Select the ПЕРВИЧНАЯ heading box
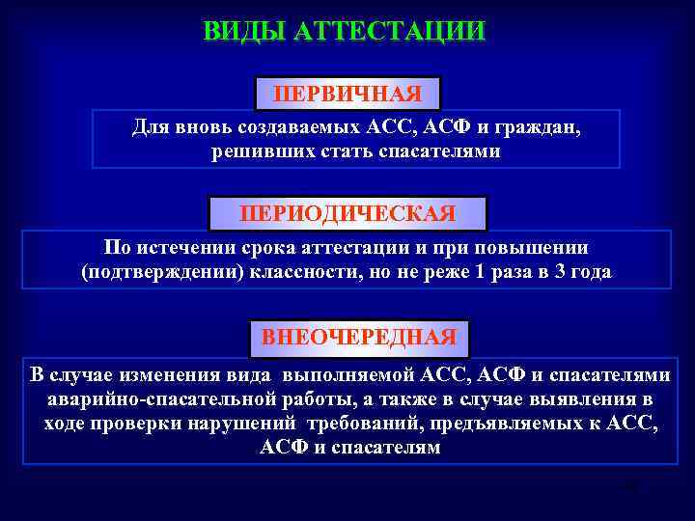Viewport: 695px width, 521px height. click(x=347, y=94)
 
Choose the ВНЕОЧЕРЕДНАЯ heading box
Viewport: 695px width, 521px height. click(x=359, y=338)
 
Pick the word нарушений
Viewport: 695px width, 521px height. click(x=252, y=424)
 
